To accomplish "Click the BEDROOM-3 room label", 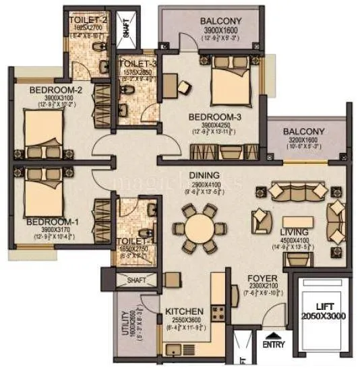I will [x=215, y=116].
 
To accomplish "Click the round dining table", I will [x=200, y=227].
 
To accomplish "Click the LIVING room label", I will [x=295, y=232].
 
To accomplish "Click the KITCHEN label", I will [x=185, y=312].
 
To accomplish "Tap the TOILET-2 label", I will [x=88, y=20].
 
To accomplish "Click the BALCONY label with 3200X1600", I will [x=303, y=132].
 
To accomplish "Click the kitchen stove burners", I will [x=219, y=311].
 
